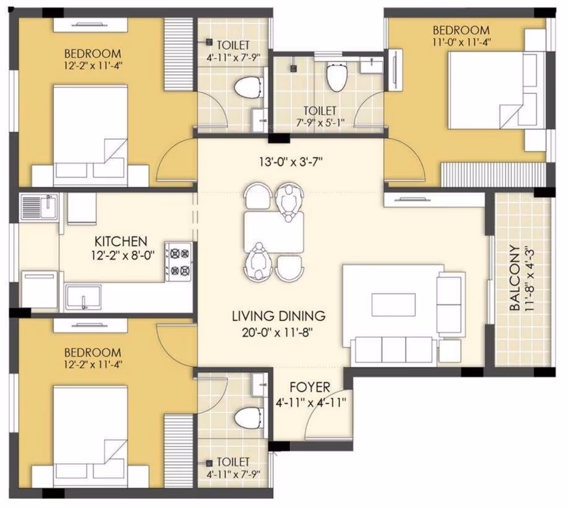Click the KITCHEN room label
pyautogui.click(x=121, y=242)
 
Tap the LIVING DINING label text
pyautogui.click(x=279, y=316)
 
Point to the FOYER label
pyautogui.click(x=310, y=388)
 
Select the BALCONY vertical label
pyautogui.click(x=514, y=278)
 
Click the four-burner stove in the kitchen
pyautogui.click(x=179, y=262)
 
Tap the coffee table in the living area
pyautogui.click(x=393, y=305)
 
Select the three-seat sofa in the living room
pyautogui.click(x=394, y=350)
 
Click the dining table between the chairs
pyautogui.click(x=274, y=232)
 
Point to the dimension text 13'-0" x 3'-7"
pyautogui.click(x=290, y=162)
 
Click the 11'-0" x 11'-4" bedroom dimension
pyautogui.click(x=461, y=42)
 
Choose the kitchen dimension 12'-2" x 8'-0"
pyautogui.click(x=123, y=256)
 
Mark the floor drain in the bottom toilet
pyautogui.click(x=209, y=463)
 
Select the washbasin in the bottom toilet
pyautogui.click(x=260, y=385)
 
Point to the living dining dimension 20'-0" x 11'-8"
pyautogui.click(x=277, y=332)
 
